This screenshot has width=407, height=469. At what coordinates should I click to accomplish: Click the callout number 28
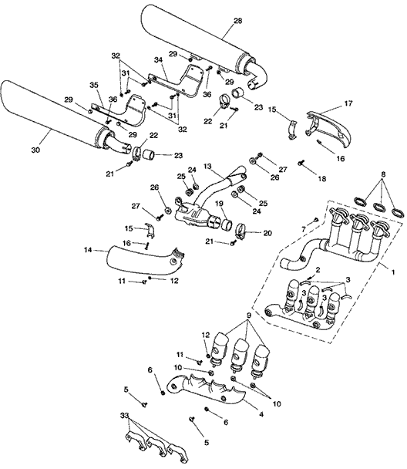coord(238,21)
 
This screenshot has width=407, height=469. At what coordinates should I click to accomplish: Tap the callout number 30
coord(35,150)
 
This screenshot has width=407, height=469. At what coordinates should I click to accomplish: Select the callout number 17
coord(348,103)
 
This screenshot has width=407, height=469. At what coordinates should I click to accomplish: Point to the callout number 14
coord(88,250)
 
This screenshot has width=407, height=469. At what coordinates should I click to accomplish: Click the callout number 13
coord(207,166)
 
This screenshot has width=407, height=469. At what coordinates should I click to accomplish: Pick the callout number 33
coord(125,416)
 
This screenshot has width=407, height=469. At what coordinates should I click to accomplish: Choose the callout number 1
coord(393,272)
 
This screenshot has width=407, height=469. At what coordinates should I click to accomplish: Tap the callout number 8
coord(383,174)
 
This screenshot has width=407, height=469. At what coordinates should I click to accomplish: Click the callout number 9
coord(249,315)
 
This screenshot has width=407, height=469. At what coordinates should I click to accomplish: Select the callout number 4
coord(261,414)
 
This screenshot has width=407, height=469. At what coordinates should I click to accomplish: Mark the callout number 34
coord(158,60)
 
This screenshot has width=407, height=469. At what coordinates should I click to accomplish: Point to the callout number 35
coord(94,85)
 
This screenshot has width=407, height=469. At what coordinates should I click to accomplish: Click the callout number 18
coord(322,178)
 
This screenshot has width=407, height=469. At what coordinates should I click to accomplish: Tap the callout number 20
coord(267,233)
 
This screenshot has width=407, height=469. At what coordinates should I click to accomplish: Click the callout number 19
coord(219,204)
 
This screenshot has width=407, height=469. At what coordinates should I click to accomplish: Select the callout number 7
coord(304,229)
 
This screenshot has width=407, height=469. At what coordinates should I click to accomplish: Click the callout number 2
coord(318,270)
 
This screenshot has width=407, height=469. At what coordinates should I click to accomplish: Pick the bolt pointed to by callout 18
coord(301,163)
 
